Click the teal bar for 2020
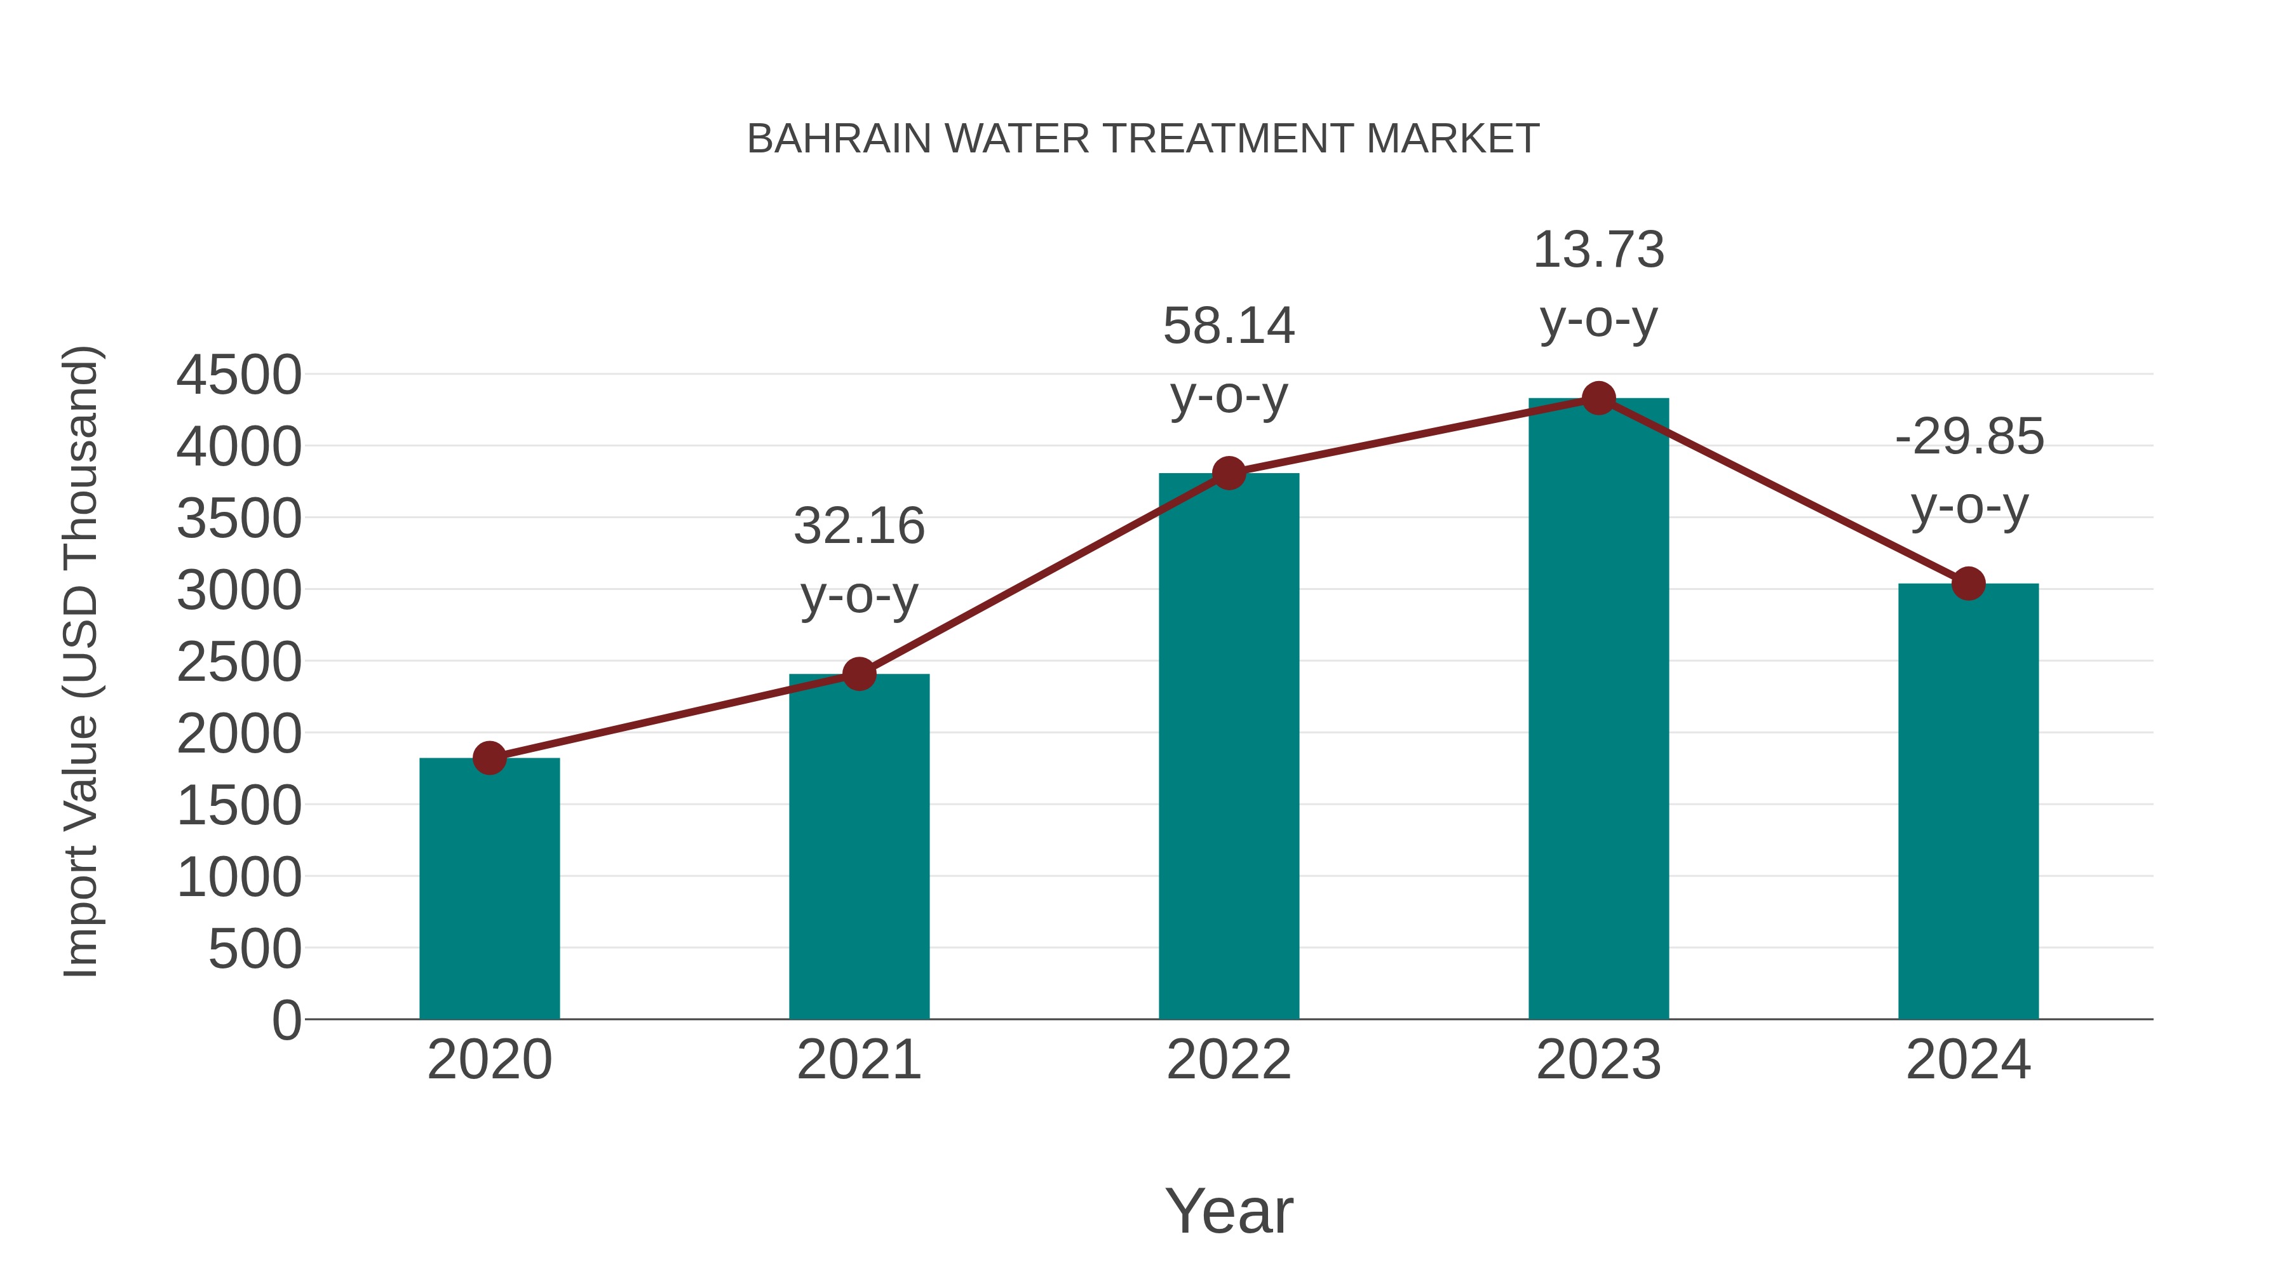pos(489,888)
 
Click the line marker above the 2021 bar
pos(858,674)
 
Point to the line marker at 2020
pos(489,758)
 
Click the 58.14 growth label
pos(1229,326)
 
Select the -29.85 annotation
pos(1969,437)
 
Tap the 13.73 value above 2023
pos(1598,250)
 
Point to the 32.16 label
pos(858,526)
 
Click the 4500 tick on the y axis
pos(239,375)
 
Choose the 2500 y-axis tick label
pos(239,662)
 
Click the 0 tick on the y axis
pos(286,1020)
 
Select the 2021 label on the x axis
pos(858,1060)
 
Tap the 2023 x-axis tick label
pos(1598,1060)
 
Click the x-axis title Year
pos(1229,1210)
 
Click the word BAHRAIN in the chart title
pos(839,138)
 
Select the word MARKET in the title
pos(1452,138)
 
